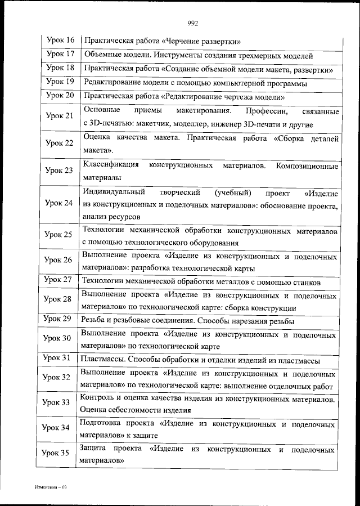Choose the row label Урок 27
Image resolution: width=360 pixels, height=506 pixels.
(x=58, y=280)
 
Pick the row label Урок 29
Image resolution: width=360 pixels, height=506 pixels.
(x=58, y=320)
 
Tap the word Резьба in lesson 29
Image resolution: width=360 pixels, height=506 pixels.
(x=93, y=320)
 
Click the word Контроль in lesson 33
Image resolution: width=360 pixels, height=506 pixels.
(x=96, y=398)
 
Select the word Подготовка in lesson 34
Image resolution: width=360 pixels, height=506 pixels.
(x=102, y=423)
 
